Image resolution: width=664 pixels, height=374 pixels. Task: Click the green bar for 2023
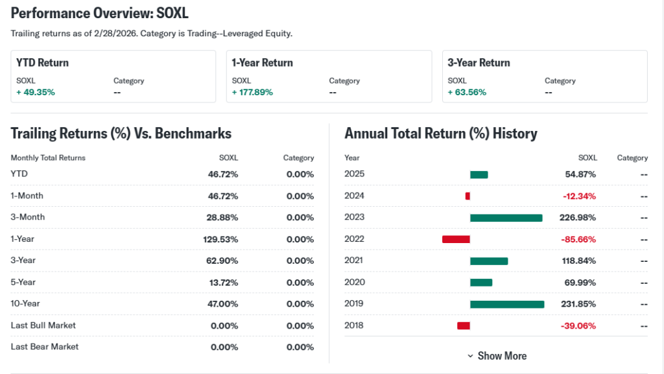pyautogui.click(x=506, y=218)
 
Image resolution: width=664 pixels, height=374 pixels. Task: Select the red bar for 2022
pyautogui.click(x=456, y=239)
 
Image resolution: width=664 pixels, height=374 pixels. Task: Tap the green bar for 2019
pyautogui.click(x=507, y=304)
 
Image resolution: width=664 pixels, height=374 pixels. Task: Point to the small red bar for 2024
pyautogui.click(x=468, y=196)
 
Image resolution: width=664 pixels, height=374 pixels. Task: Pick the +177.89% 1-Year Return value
pyautogui.click(x=252, y=92)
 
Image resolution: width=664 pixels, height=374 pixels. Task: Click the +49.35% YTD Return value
pyautogui.click(x=36, y=92)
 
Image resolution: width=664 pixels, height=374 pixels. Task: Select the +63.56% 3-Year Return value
pyautogui.click(x=467, y=92)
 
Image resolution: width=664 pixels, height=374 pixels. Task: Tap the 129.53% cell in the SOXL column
pyautogui.click(x=220, y=239)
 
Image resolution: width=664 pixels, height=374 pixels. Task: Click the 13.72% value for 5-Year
pyautogui.click(x=223, y=283)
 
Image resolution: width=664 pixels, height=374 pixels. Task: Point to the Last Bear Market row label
pyautogui.click(x=45, y=347)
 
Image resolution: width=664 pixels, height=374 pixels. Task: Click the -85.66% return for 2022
pyautogui.click(x=579, y=239)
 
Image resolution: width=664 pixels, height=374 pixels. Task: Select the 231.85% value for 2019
pyautogui.click(x=578, y=304)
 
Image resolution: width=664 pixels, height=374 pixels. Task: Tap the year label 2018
pyautogui.click(x=354, y=325)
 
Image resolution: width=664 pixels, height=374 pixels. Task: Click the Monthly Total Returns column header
pyautogui.click(x=48, y=158)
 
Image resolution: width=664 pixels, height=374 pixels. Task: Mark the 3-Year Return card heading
pyautogui.click(x=479, y=63)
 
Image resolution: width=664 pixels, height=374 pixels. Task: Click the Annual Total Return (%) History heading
pyautogui.click(x=441, y=134)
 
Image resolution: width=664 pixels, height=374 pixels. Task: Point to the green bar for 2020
pyautogui.click(x=481, y=283)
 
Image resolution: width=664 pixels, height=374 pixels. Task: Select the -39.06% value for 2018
pyautogui.click(x=579, y=325)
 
